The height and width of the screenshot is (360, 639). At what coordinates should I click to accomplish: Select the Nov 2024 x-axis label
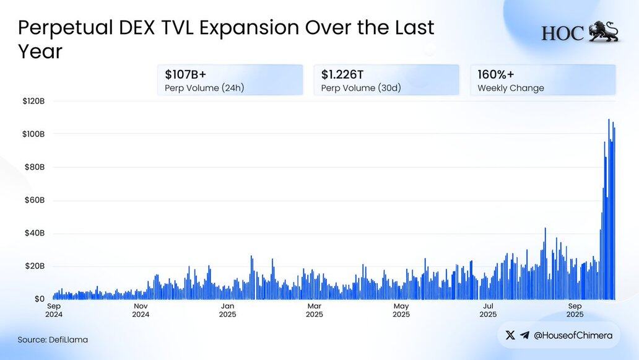click(x=141, y=310)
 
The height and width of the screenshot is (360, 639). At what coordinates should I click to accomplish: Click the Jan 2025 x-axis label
click(x=227, y=310)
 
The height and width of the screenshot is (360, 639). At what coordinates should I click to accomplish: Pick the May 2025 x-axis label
click(x=401, y=310)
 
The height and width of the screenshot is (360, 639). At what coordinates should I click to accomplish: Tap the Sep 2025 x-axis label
click(x=575, y=310)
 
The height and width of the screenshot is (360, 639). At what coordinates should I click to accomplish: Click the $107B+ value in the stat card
click(x=186, y=74)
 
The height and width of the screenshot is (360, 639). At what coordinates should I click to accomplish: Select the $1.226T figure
click(x=342, y=74)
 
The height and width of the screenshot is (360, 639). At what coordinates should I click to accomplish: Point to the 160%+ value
click(x=495, y=74)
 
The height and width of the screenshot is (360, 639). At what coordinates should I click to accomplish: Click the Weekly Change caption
click(x=511, y=88)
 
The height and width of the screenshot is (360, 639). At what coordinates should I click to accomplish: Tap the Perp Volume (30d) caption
click(x=361, y=88)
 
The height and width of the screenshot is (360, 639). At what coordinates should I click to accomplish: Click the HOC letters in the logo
click(x=562, y=33)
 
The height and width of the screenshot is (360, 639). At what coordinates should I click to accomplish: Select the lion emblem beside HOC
click(x=603, y=32)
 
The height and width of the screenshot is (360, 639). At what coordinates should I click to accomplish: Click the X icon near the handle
click(x=510, y=335)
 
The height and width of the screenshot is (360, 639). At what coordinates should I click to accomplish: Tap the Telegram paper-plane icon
click(x=525, y=335)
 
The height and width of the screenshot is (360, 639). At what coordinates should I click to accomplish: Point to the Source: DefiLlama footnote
click(x=53, y=340)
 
